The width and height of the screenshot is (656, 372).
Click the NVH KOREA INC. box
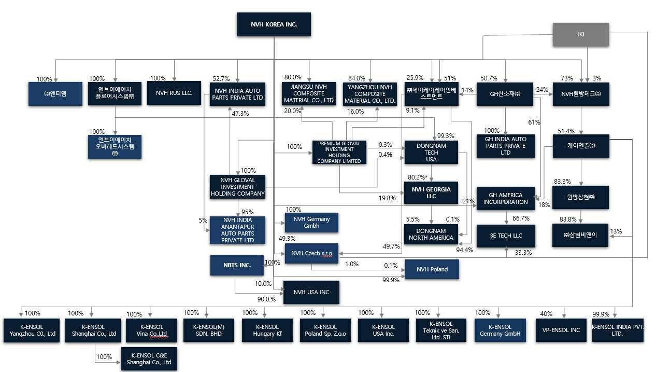[274, 24]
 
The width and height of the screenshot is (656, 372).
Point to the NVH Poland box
[432, 269]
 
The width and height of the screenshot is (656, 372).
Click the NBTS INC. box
[237, 265]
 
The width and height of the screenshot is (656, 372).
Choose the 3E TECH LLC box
[506, 236]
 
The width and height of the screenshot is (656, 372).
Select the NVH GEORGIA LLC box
[431, 193]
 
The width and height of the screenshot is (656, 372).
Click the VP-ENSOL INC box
[562, 330]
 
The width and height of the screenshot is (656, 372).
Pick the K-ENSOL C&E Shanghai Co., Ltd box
[149, 359]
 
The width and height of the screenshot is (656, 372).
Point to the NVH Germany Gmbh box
[311, 223]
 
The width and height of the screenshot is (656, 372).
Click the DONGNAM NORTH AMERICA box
[431, 234]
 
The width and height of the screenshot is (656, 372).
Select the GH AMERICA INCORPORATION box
[506, 198]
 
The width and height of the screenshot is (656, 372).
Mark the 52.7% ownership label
[221, 78]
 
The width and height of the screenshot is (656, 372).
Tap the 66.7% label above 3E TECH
[521, 218]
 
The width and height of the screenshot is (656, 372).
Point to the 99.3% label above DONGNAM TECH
[446, 135]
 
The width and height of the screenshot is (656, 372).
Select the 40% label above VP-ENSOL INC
[546, 314]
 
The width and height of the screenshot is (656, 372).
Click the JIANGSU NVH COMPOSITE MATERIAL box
[308, 93]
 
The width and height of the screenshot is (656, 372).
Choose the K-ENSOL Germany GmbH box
[498, 330]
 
